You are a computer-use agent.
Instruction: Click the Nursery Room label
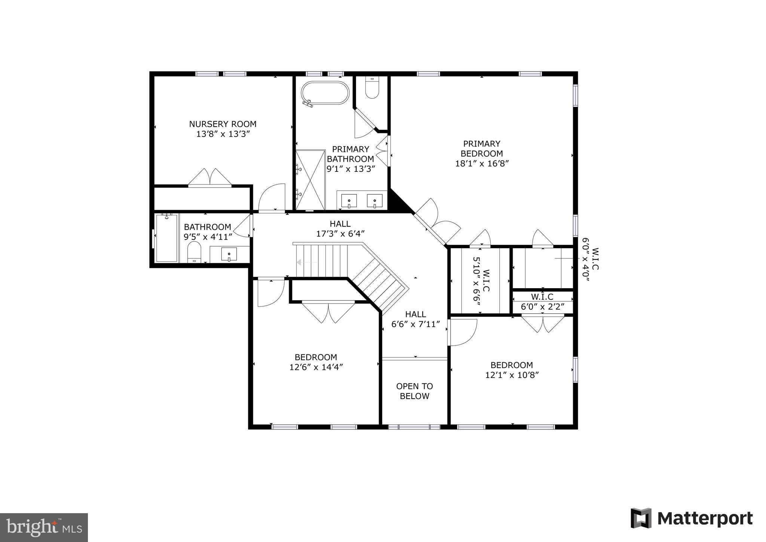point(223,124)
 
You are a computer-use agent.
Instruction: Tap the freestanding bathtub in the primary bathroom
point(325,93)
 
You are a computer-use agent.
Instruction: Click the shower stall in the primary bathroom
point(310,180)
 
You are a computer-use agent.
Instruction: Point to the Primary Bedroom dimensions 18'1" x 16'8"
point(482,164)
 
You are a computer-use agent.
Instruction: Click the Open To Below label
point(414,391)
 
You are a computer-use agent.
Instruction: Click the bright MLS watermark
point(44,527)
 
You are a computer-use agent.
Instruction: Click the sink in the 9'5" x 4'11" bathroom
point(229,254)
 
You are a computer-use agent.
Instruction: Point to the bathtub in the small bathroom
point(166,238)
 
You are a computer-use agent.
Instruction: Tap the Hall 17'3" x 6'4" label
point(340,229)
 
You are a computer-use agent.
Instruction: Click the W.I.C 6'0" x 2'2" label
point(542,302)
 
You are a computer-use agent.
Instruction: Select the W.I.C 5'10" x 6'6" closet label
point(481,281)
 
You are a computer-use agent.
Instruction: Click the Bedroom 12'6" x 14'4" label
point(316,362)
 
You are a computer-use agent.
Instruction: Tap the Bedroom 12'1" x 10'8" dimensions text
point(511,375)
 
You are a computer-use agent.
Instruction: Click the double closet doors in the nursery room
point(210,177)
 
